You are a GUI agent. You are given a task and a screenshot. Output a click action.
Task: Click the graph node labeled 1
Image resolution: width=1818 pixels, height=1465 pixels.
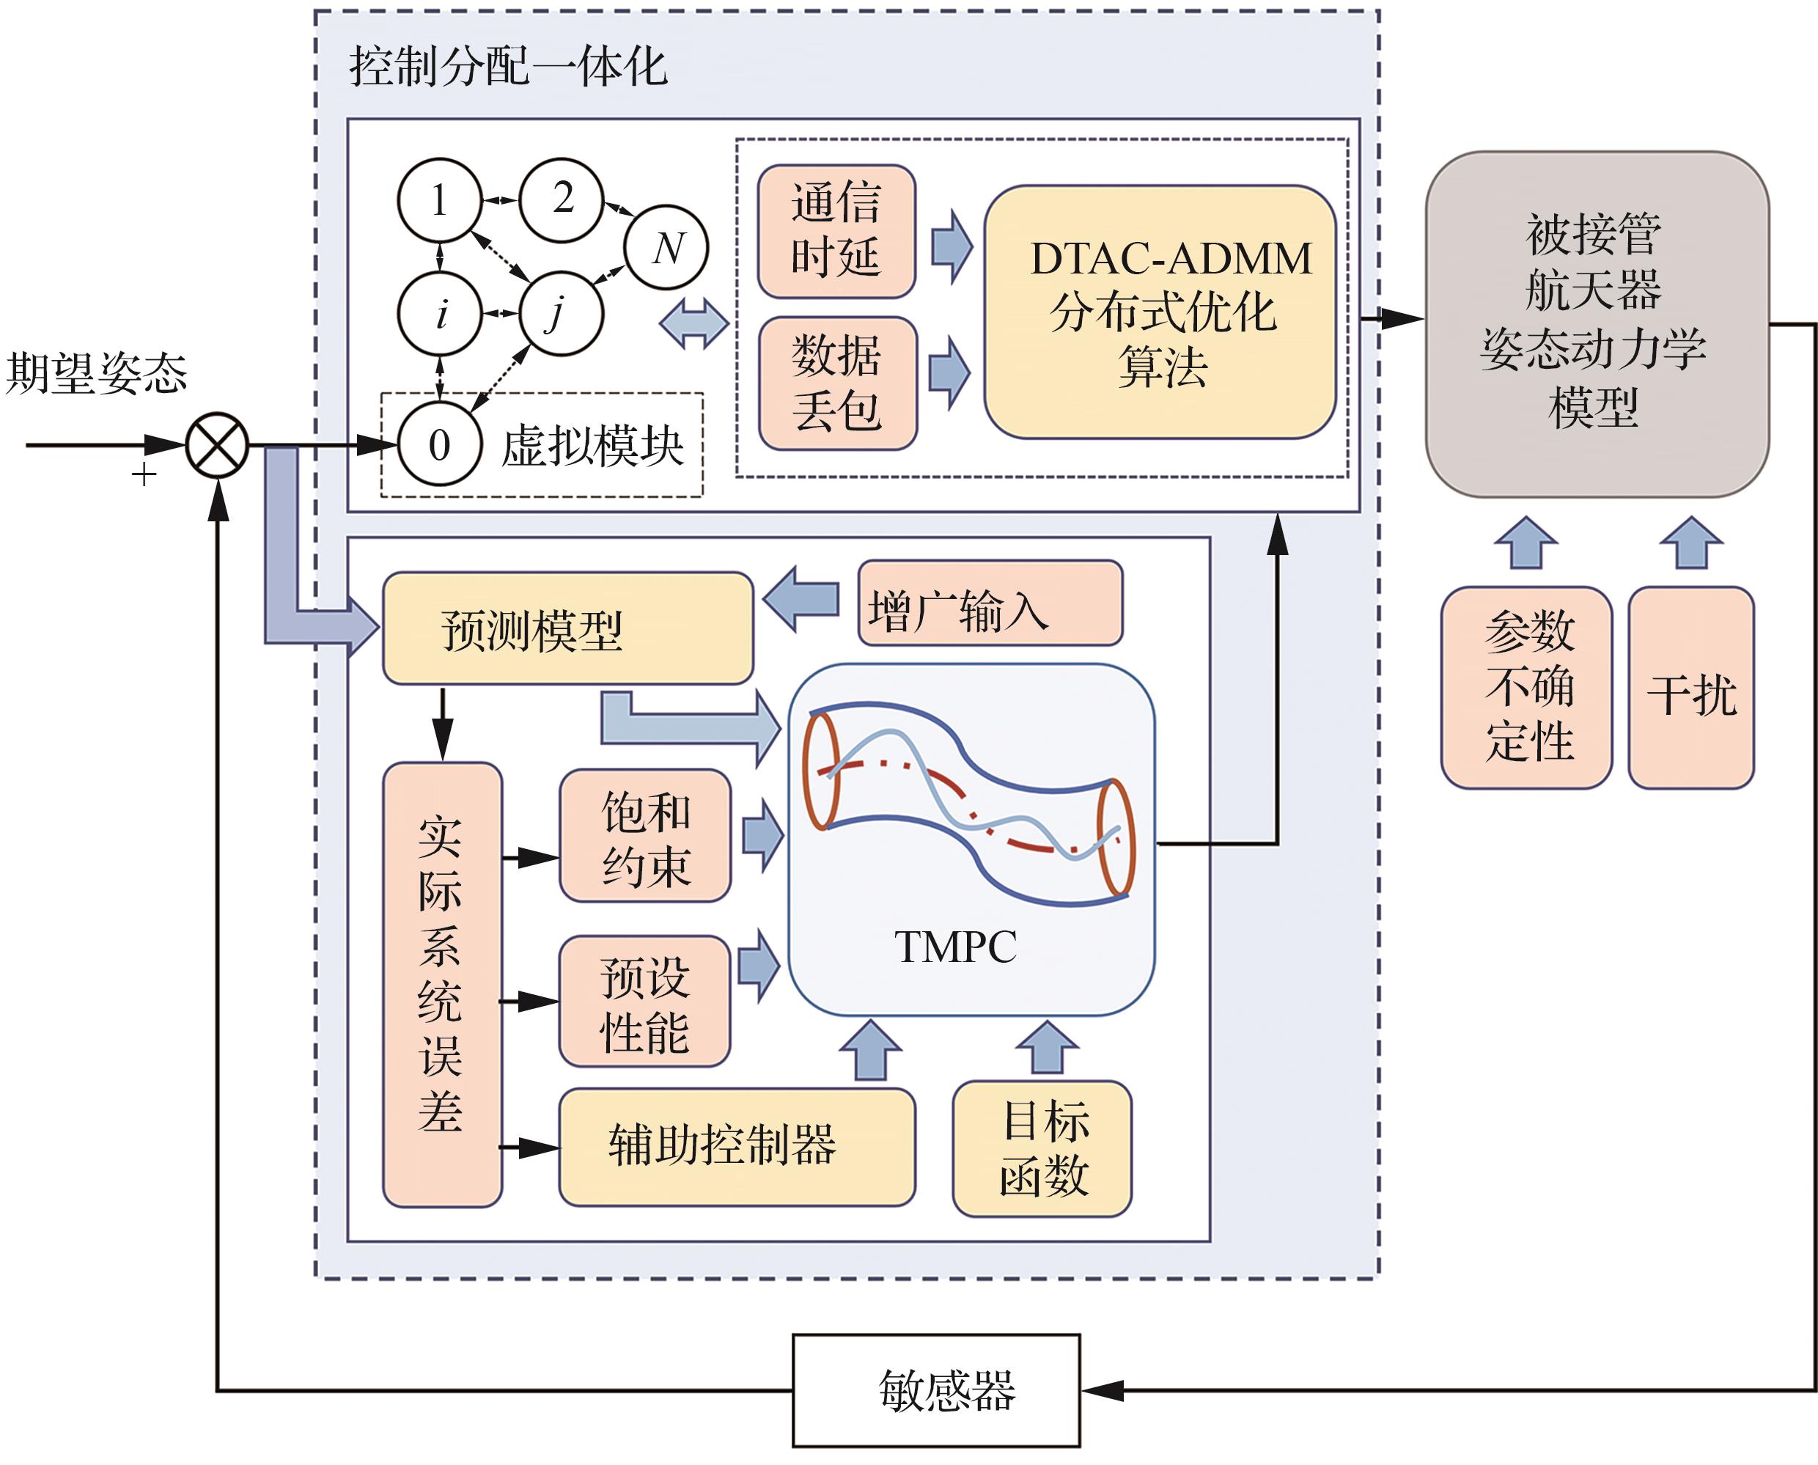click(440, 200)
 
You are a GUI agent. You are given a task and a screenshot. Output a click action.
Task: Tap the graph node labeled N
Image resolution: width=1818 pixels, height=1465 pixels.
click(666, 247)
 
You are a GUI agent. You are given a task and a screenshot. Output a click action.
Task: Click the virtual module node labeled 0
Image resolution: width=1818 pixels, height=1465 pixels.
click(440, 444)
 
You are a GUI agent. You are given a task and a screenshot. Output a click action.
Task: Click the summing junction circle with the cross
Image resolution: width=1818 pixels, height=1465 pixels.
click(217, 445)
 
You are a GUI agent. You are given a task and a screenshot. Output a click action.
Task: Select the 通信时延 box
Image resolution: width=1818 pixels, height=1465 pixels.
click(836, 231)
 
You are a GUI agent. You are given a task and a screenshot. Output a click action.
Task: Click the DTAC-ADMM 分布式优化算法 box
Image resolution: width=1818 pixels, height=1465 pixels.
click(1160, 312)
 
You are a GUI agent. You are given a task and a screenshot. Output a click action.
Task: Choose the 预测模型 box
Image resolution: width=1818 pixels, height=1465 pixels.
click(567, 628)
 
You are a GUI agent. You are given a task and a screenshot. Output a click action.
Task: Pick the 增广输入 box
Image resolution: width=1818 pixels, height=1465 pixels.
click(990, 603)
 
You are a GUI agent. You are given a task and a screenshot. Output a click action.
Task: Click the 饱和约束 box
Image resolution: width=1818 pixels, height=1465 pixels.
click(645, 835)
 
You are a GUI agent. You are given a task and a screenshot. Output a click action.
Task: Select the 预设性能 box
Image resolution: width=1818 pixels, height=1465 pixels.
click(645, 1001)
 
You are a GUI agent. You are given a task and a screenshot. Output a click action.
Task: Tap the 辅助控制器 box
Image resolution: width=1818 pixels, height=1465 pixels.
click(737, 1147)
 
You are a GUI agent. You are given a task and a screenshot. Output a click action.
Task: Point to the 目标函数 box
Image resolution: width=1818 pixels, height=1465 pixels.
click(1042, 1148)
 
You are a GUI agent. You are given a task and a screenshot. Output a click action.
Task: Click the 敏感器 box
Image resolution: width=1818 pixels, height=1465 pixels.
click(936, 1390)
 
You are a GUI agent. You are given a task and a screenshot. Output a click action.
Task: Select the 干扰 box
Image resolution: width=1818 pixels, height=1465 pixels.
click(1690, 688)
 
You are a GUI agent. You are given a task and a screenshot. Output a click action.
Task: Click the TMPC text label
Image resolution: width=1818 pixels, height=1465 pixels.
click(955, 946)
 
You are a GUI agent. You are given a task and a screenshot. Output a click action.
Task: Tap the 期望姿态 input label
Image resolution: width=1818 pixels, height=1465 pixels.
click(96, 372)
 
